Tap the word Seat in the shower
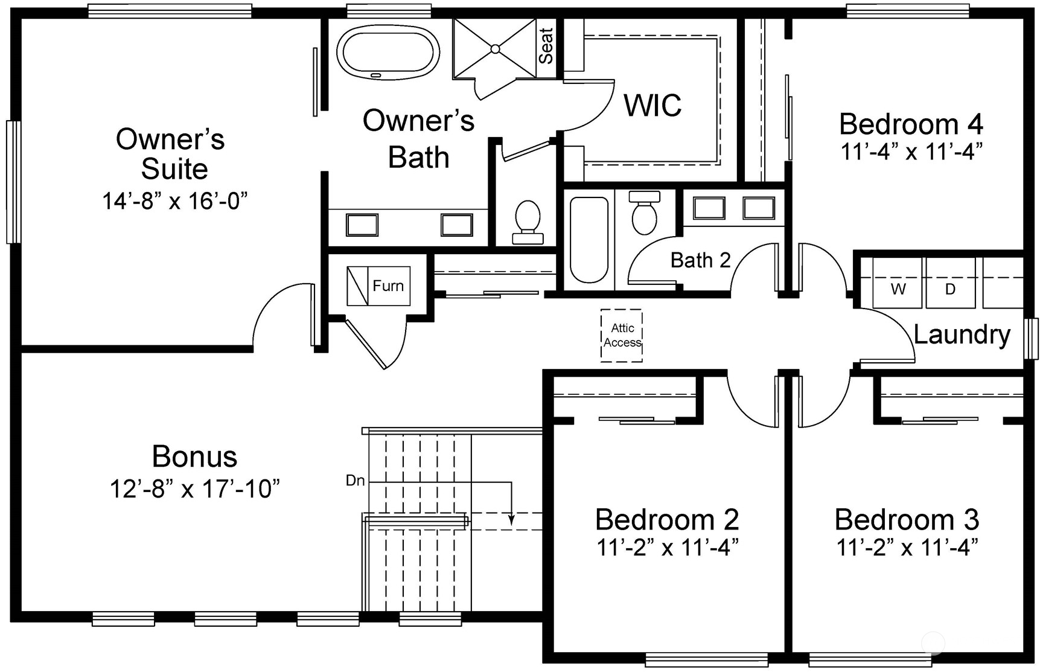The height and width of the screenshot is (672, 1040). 546,46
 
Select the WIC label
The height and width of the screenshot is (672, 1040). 652,106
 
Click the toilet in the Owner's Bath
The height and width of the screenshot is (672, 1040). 528,221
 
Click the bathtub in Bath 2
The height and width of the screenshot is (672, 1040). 589,240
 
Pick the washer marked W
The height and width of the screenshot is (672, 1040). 898,289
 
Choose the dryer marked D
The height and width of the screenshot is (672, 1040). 950,289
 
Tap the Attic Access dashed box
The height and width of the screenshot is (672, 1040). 622,336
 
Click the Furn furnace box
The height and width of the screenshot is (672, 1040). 378,286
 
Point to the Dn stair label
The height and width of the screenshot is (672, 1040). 355,481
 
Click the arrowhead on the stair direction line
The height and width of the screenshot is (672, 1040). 512,519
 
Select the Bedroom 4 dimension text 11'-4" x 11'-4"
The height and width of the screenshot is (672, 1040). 911,152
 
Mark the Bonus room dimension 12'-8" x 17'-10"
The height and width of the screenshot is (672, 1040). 194,489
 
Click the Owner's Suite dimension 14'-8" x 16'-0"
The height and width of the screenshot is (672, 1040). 175,200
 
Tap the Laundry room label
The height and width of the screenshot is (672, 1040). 962,334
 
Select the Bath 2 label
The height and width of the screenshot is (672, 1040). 700,261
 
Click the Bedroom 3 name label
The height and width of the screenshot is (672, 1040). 907,520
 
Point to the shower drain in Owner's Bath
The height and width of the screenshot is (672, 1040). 495,49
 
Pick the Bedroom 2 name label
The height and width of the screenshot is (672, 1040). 667,520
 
